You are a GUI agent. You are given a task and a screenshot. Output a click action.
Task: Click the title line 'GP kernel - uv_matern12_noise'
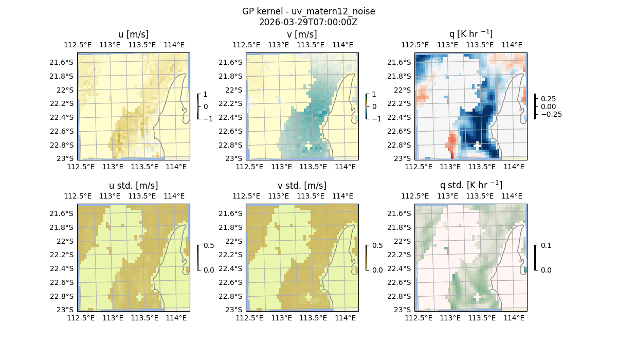(308, 11)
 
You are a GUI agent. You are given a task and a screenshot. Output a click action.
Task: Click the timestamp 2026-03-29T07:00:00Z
(308, 22)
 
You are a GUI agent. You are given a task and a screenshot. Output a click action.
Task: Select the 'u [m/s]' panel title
(133, 34)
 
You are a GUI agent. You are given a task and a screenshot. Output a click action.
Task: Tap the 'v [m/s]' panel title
(302, 34)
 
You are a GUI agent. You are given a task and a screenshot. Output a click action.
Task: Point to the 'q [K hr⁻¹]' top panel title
(470, 34)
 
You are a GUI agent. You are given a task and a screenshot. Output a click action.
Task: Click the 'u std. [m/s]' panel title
(133, 186)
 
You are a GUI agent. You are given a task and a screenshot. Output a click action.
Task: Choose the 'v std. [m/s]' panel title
(302, 186)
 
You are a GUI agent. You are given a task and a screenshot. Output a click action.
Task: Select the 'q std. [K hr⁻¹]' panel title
(470, 185)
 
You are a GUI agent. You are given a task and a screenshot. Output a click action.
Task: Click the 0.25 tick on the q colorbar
(548, 99)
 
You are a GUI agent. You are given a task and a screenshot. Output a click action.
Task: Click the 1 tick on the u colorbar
(206, 95)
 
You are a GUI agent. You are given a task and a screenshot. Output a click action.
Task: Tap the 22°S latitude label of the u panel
(63, 90)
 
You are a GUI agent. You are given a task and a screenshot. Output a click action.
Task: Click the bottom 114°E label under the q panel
(514, 167)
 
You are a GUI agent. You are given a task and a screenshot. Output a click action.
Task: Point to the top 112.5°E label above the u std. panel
(78, 196)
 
